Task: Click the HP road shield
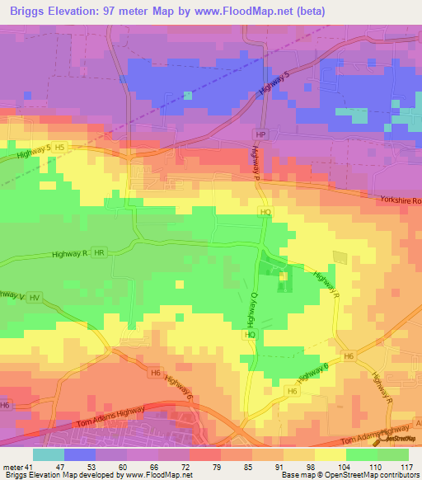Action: (x=261, y=134)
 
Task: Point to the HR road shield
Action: (x=100, y=252)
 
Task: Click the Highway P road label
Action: (x=256, y=161)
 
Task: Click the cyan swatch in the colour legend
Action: (x=49, y=454)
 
